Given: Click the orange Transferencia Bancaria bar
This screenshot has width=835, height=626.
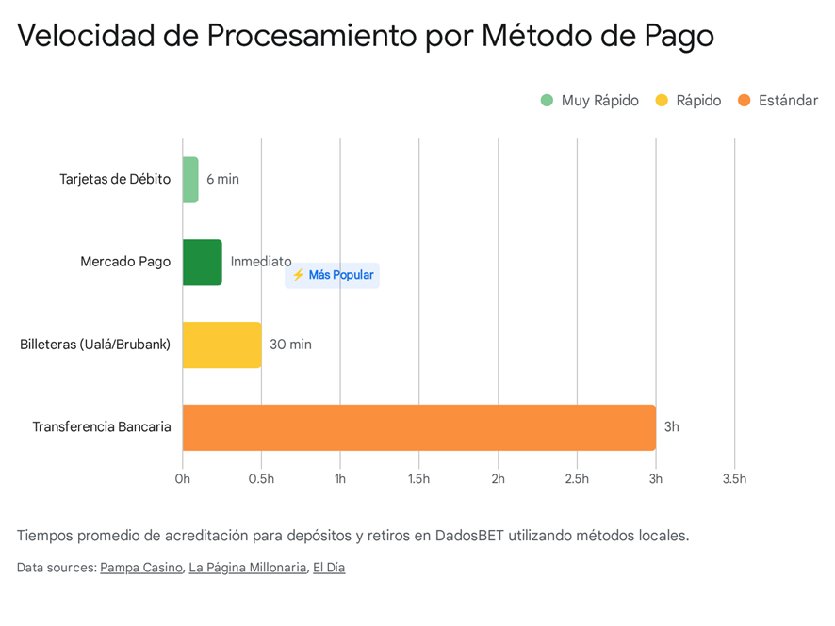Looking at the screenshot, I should pos(418,427).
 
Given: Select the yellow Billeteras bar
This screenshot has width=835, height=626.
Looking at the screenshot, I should pos(221,345).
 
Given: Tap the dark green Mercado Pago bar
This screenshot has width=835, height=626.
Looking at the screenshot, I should pos(202,262).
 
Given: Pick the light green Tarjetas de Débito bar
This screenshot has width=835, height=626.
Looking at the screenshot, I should pos(190,179).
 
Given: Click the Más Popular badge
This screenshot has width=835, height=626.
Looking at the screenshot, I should pos(332,275).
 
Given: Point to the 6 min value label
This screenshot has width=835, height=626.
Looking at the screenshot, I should pos(223,179).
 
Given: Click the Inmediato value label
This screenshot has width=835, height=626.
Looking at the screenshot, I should pos(261,262).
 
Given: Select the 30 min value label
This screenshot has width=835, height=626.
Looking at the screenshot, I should pos(290,345).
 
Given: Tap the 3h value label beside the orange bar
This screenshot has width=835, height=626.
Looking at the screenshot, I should pos(672,427).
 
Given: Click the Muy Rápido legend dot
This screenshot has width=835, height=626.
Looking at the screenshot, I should pos(547,101).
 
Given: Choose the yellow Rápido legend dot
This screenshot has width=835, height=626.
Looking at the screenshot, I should pos(662,101).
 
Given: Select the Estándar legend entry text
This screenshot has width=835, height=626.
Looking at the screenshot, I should pos(788,101).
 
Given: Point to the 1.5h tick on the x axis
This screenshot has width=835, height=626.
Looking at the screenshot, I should pos(418,479).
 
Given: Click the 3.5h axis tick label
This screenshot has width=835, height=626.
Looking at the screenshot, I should pos(734,479).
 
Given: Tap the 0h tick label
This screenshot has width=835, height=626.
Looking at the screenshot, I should pos(183,479).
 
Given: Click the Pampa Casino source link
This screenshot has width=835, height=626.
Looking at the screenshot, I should pos(141,568).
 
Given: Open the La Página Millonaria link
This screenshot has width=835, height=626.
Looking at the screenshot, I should pos(248,568).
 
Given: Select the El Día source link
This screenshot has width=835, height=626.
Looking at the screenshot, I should pos(329,568).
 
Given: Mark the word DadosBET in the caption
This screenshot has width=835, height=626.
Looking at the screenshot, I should pos(470,536).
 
